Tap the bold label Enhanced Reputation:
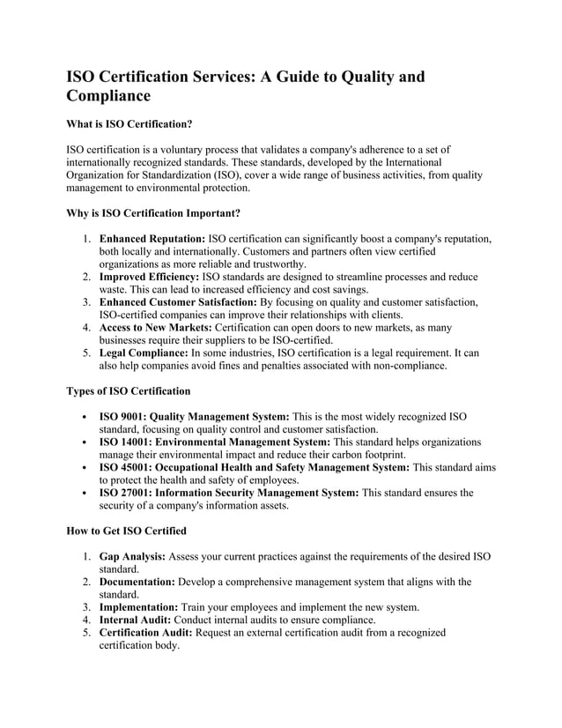point(152,240)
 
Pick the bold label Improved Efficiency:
point(149,277)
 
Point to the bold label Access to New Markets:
point(155,328)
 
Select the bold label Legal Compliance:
point(144,353)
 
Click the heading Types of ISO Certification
point(128,390)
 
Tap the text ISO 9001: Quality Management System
point(194,417)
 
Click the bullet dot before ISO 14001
point(82,442)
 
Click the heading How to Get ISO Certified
point(126,531)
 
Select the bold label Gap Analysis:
point(132,557)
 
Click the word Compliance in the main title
point(108,96)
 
